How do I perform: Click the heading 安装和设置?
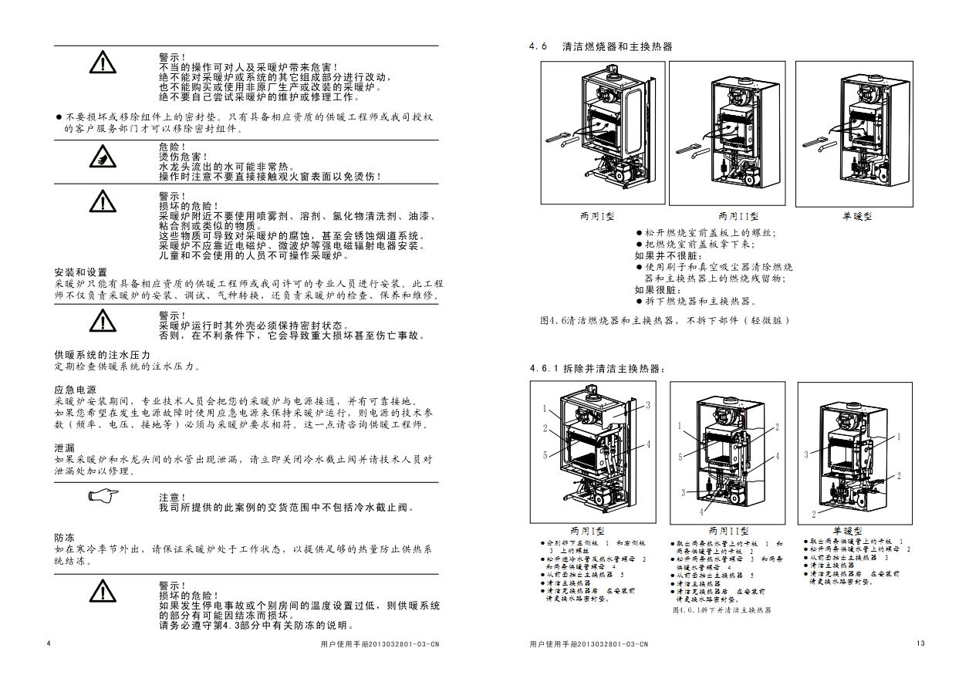81,273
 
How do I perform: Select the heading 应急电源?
76,390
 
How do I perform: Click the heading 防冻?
65,537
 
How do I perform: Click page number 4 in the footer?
49,644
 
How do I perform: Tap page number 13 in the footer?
920,644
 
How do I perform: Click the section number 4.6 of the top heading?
538,46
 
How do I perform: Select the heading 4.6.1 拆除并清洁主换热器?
596,369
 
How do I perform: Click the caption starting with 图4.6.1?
721,609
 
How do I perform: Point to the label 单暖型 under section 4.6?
856,217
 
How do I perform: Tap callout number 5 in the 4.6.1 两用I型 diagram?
545,455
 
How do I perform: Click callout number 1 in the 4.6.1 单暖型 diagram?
899,437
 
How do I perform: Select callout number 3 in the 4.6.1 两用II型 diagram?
683,492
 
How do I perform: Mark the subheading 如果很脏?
659,290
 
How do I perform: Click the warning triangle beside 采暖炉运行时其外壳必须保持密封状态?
101,318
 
